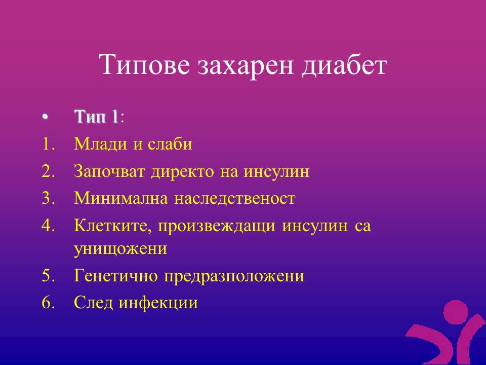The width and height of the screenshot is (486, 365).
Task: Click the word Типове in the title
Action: (x=144, y=64)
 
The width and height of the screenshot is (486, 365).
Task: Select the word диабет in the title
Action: (x=344, y=65)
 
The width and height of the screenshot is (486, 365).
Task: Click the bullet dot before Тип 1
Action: (x=45, y=117)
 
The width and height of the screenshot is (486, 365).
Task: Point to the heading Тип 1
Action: (x=96, y=117)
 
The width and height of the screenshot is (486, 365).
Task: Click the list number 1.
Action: (x=48, y=144)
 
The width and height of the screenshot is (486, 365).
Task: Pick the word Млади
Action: (x=101, y=144)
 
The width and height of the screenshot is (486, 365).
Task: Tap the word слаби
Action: (x=170, y=143)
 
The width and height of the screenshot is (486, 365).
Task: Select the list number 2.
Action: (x=48, y=171)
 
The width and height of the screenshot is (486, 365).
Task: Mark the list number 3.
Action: (x=48, y=198)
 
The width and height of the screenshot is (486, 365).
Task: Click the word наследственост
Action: (x=234, y=198)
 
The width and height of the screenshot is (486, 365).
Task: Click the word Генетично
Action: (x=116, y=276)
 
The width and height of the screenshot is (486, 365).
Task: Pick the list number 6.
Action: (x=48, y=303)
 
